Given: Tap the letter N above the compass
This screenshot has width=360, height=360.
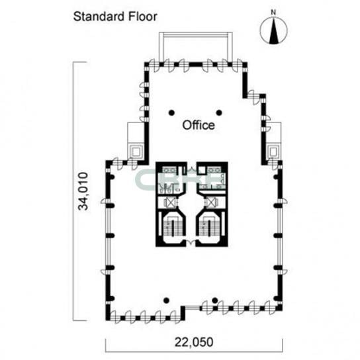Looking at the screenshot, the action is (x=273, y=13).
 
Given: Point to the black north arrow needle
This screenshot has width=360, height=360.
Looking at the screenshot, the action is (x=273, y=30).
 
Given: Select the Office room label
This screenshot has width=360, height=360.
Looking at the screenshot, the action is (x=199, y=125).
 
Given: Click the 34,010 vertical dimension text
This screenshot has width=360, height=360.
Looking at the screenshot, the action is (x=83, y=191).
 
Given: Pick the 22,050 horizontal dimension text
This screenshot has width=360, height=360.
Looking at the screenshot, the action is (x=194, y=342).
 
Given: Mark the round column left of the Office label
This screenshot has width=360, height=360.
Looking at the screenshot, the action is (x=171, y=112).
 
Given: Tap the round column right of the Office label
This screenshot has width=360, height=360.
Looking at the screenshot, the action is (x=219, y=112).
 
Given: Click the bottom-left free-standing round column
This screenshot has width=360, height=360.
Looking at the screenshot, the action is (x=167, y=300).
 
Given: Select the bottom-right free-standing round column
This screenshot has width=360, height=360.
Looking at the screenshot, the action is (x=215, y=300).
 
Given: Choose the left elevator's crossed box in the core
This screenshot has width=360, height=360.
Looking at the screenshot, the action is (x=170, y=202).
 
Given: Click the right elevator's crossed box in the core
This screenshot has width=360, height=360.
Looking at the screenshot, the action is (x=212, y=202).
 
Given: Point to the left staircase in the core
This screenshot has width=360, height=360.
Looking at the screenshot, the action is (x=173, y=227).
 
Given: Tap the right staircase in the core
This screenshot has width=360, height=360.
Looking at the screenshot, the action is (x=209, y=227).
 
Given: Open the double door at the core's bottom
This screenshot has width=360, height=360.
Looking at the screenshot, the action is (x=191, y=242).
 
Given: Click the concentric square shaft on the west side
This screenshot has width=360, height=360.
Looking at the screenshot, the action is (x=136, y=152).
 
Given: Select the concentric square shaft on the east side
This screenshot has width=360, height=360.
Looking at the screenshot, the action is (x=273, y=152).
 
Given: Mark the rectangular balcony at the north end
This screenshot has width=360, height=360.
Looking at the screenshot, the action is (x=196, y=47).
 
